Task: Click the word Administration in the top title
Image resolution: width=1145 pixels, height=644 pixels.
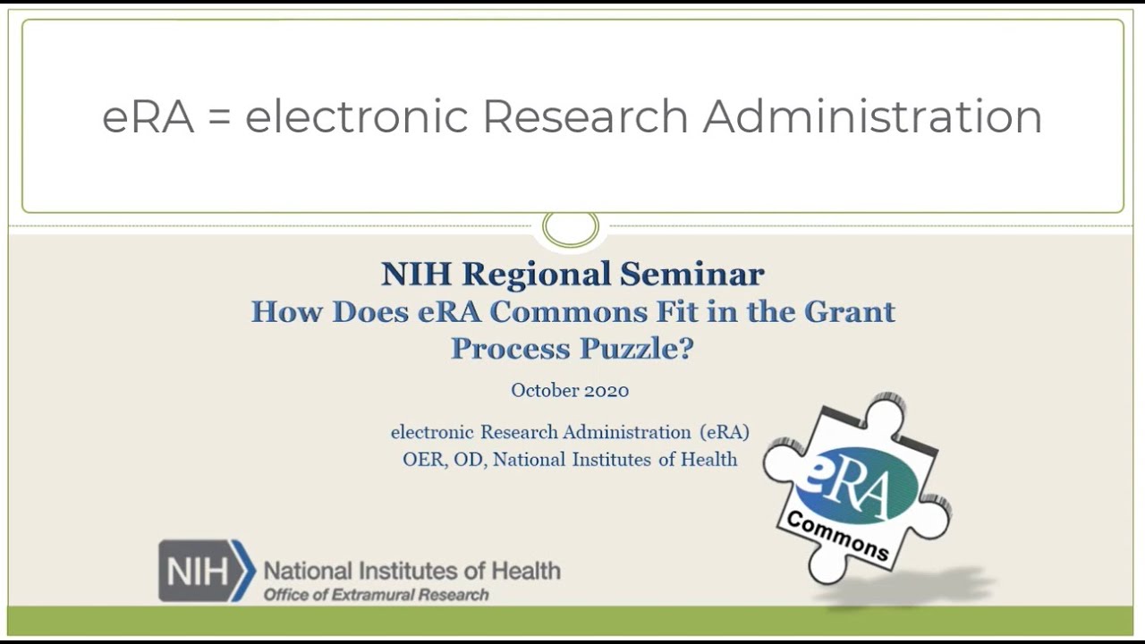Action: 872,117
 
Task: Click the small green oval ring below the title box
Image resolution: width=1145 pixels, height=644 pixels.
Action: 571,229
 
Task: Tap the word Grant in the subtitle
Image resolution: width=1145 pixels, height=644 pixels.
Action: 849,311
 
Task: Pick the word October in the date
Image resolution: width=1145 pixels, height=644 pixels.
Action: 544,390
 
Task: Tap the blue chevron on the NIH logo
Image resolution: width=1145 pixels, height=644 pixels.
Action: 244,571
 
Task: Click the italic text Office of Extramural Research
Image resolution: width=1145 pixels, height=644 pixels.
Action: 376,595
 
